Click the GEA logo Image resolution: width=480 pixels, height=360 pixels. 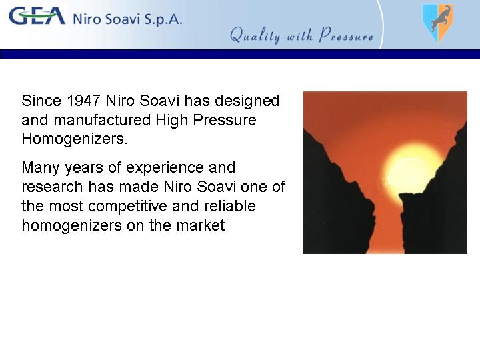coord(37,16)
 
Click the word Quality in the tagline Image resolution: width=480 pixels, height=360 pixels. coord(255,35)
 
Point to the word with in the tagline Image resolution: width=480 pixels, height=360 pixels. coord(300,35)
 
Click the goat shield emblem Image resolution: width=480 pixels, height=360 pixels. coord(438,23)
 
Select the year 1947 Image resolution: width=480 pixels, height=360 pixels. coord(83,101)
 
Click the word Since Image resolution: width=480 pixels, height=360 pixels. coord(41,101)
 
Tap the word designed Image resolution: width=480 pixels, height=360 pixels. coord(247,101)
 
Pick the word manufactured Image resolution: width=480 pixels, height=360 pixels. coord(102,120)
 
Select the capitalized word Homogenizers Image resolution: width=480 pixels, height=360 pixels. coord(75,139)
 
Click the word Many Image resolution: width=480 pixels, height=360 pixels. coord(41,168)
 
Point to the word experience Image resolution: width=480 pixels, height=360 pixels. coord(165,168)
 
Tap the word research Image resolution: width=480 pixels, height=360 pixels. coord(52,187)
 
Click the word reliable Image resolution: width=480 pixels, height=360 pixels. coord(229,206)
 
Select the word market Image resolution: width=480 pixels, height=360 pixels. coord(201,225)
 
